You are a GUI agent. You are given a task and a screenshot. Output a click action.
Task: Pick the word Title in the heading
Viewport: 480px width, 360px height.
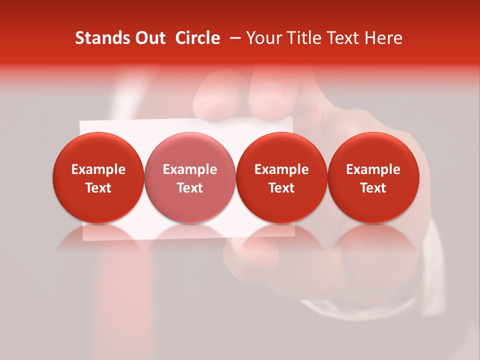tap(299, 38)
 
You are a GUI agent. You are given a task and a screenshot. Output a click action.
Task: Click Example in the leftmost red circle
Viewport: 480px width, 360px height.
tap(98, 169)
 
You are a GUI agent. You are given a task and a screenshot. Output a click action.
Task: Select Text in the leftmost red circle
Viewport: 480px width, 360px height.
tap(98, 188)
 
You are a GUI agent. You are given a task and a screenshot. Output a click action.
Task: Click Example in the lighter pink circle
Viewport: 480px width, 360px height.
tap(190, 169)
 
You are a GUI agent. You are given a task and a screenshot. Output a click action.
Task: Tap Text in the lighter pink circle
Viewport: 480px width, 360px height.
tap(190, 188)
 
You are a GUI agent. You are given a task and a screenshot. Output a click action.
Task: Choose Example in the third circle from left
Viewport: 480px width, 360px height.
tap(281, 169)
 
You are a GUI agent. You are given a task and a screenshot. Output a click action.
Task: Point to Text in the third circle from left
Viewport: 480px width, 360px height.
tap(281, 188)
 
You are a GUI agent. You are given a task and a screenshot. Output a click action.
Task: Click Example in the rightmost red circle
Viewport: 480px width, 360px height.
tap(373, 169)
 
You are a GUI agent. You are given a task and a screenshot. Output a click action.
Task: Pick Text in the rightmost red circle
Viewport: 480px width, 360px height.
tap(373, 188)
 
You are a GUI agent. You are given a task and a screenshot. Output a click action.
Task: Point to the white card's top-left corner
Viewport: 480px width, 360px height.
tap(81, 122)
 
